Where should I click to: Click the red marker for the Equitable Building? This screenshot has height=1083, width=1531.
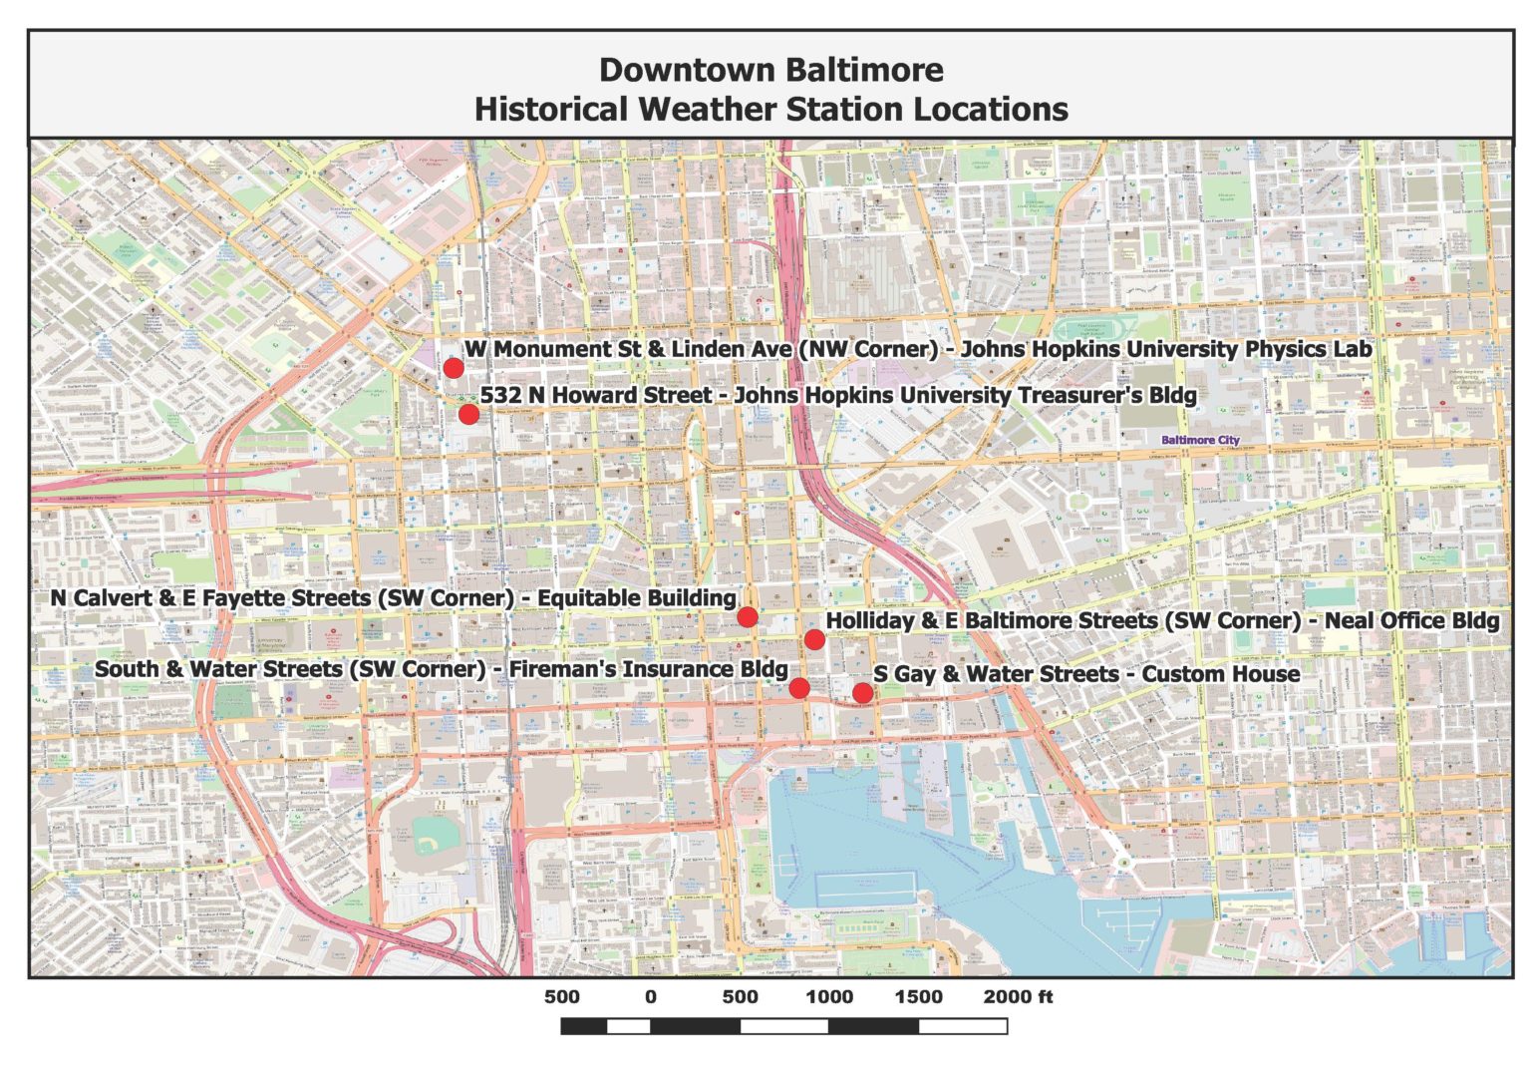747,617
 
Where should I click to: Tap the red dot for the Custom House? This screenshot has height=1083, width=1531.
862,692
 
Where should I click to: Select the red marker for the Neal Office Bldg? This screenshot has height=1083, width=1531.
814,639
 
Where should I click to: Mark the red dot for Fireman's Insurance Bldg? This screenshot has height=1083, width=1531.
798,687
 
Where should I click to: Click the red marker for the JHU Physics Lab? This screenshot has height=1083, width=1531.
453,367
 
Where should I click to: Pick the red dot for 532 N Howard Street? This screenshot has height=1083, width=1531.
468,414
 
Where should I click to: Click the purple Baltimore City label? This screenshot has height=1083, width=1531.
1200,440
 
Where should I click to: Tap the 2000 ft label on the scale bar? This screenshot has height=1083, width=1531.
1018,996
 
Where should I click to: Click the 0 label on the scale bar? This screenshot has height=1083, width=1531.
651,996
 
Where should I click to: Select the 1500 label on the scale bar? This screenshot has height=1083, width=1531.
918,996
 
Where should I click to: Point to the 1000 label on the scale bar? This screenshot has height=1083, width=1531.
829,996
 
